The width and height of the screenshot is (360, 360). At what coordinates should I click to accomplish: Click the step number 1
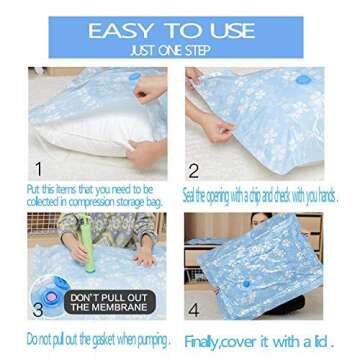pyautogui.click(x=39, y=168)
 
